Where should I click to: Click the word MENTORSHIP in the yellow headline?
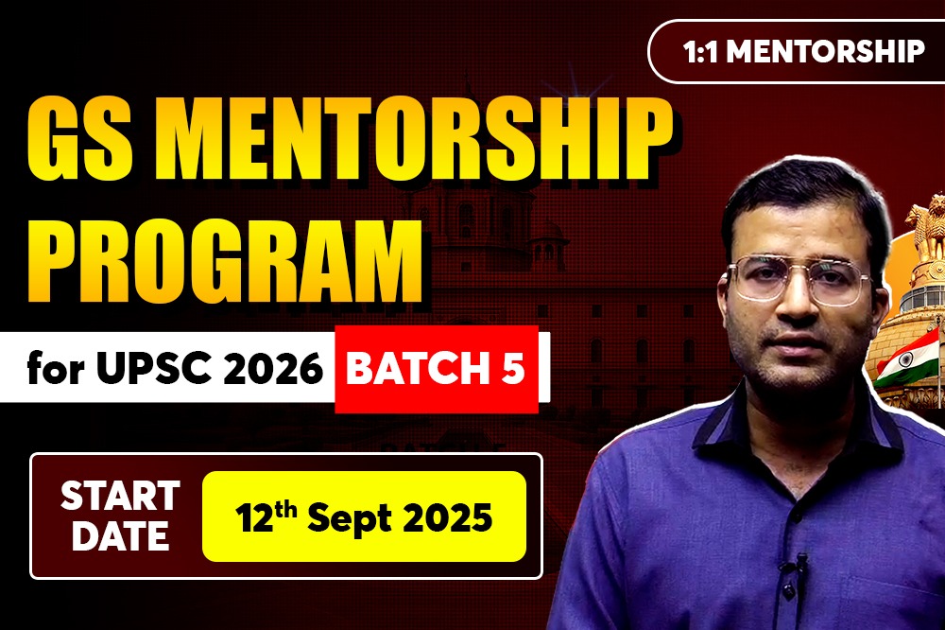coord(417,139)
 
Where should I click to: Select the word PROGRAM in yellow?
coord(224,260)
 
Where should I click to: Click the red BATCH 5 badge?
coord(437,369)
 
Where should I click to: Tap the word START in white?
coord(120,496)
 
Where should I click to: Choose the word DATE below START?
coord(120,535)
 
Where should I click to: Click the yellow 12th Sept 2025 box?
coord(364,516)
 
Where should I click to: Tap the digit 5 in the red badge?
coord(513,368)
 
